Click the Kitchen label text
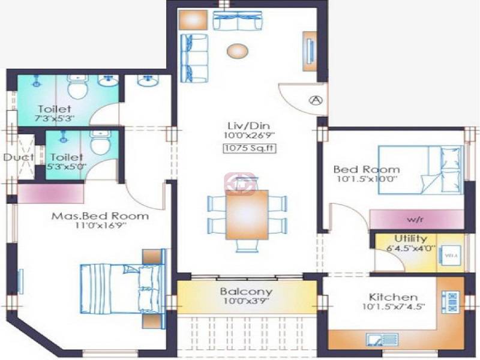pyautogui.click(x=393, y=297)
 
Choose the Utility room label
pyautogui.click(x=410, y=239)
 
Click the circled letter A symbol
pyautogui.click(x=316, y=100)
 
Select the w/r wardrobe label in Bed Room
pyautogui.click(x=416, y=218)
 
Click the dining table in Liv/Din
pyautogui.click(x=247, y=214)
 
